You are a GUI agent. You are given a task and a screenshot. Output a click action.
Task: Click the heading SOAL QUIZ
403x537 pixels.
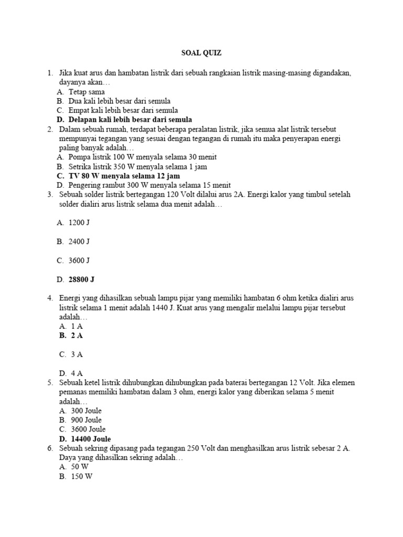(201, 53)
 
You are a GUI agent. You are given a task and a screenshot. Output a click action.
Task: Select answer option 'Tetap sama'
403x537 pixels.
(87, 91)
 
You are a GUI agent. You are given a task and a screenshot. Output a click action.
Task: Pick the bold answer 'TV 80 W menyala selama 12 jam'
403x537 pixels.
(124, 176)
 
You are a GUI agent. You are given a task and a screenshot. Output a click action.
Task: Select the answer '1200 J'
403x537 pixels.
(79, 222)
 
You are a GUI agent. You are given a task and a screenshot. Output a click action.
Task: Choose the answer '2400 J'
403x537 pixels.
(79, 241)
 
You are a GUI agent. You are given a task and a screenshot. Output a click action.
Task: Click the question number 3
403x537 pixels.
(49, 195)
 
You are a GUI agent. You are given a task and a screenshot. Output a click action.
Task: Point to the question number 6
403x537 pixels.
(49, 448)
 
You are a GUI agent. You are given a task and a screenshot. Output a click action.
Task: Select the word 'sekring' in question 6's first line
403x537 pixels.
(98, 448)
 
